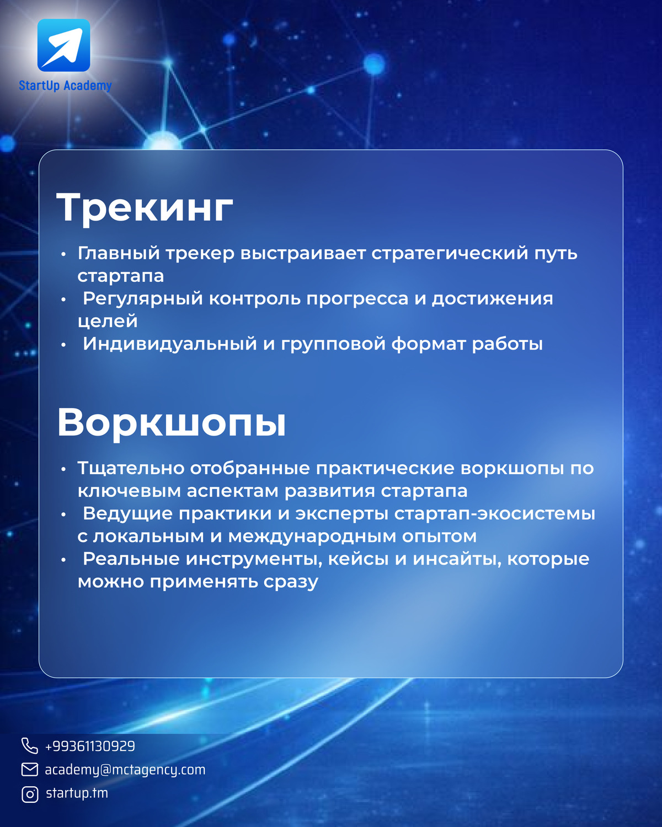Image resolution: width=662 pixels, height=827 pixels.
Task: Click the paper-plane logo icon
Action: tap(64, 45)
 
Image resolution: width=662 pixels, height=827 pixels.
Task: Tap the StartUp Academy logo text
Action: tap(66, 85)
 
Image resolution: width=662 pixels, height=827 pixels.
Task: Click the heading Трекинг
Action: tap(145, 208)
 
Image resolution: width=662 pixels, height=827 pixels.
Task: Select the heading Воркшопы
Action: tap(172, 423)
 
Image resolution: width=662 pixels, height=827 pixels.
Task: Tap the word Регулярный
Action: tap(143, 299)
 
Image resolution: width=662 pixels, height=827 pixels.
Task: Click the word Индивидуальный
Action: tap(170, 343)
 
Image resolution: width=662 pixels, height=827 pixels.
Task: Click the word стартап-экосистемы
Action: tap(495, 513)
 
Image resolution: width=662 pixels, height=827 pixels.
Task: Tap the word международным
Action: tap(312, 536)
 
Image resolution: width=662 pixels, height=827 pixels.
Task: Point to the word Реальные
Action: tap(131, 559)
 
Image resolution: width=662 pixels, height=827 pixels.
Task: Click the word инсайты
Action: tap(457, 559)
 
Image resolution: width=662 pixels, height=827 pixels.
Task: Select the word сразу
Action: tap(291, 582)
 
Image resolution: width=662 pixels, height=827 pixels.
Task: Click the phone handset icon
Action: tap(30, 745)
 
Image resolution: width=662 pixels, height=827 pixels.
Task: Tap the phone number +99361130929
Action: tap(90, 746)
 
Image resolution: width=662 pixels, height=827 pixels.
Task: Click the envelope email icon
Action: tap(30, 770)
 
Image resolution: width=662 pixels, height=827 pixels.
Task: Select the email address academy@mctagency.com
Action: tap(125, 770)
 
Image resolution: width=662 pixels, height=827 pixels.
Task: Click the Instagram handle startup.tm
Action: tap(77, 793)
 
